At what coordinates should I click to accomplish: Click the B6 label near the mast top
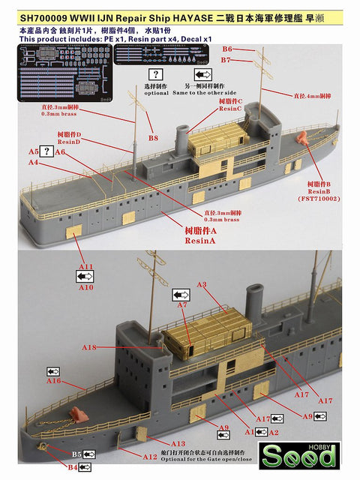pyautogui.click(x=227, y=49)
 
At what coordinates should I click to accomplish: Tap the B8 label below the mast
pyautogui.click(x=153, y=138)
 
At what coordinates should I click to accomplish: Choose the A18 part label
pyautogui.click(x=90, y=347)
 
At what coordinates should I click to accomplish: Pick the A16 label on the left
pyautogui.click(x=53, y=381)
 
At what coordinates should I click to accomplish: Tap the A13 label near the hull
pyautogui.click(x=178, y=444)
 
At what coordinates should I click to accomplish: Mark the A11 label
pyautogui.click(x=86, y=266)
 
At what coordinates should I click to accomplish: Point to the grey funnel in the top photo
pyautogui.click(x=182, y=138)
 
